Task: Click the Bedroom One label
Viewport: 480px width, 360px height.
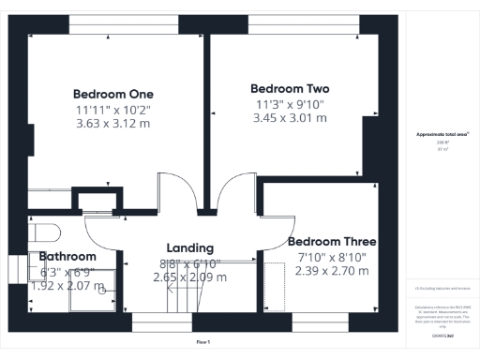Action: [x=113, y=94]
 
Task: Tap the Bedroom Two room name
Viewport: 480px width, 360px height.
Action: [x=290, y=89]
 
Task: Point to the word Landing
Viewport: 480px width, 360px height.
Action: [x=189, y=247]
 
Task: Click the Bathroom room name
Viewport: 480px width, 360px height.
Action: [x=67, y=256]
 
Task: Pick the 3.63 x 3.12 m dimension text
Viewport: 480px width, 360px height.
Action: [x=113, y=123]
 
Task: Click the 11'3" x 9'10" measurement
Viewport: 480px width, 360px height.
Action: [x=290, y=104]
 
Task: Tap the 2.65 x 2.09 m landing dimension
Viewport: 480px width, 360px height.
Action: [x=189, y=277]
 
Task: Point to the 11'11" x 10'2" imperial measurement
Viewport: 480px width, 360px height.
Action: [x=113, y=109]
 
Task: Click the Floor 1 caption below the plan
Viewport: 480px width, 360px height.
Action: [x=202, y=342]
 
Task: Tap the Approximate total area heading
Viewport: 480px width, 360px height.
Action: [x=442, y=135]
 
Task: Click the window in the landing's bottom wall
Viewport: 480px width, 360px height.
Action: [x=157, y=322]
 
